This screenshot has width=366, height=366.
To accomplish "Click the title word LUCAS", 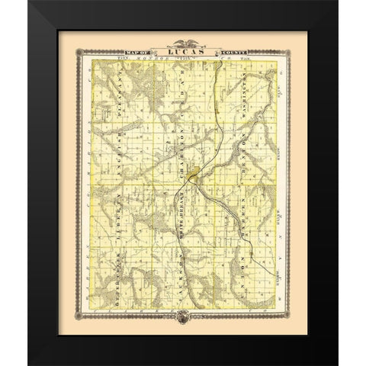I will click(182, 51).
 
